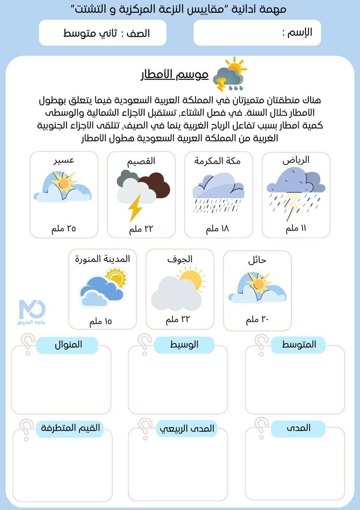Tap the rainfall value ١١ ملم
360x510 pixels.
coord(296,229)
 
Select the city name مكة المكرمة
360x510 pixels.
coord(217,161)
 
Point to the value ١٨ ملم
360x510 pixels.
coord(217,229)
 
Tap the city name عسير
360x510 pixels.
coord(64,160)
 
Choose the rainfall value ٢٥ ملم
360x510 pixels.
coord(64,229)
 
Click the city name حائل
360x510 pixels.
coord(257,261)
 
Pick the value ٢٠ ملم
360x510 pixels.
coord(258,320)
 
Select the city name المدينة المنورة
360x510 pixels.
coord(102,259)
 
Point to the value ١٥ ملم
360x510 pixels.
coord(100,322)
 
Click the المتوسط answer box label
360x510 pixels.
coord(298,345)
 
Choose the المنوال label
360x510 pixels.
coord(68,345)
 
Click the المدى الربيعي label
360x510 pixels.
coord(187,428)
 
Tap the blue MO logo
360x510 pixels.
coord(32,310)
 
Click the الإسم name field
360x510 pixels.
coord(257,33)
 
